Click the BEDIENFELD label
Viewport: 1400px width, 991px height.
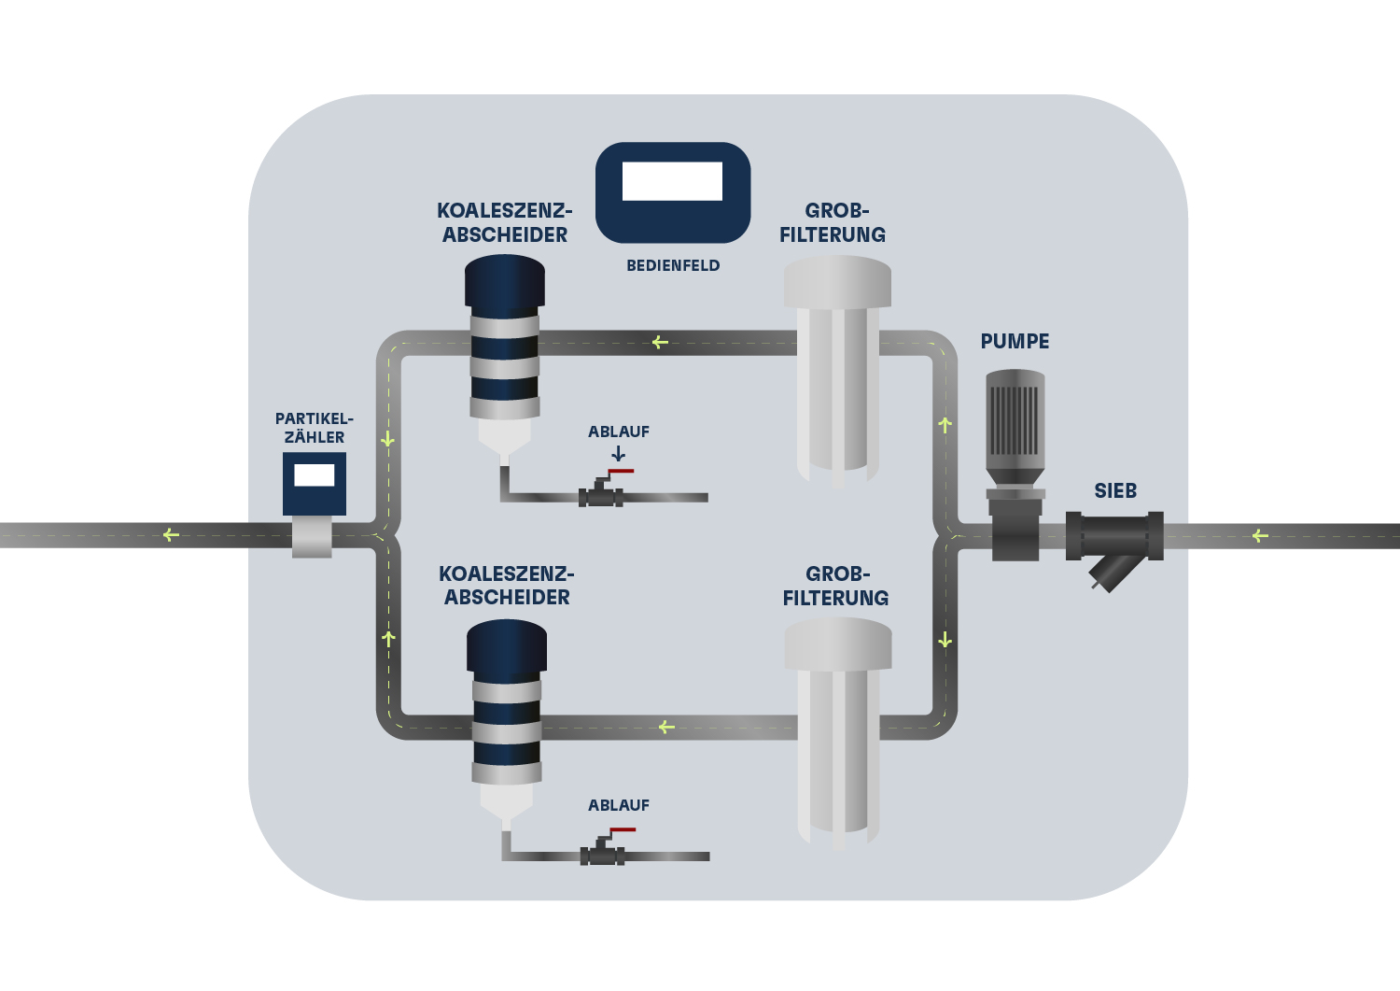click(x=673, y=265)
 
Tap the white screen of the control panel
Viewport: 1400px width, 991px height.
click(x=672, y=181)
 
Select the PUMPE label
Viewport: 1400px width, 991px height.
click(x=1015, y=342)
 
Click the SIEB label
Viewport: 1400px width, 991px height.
click(x=1115, y=491)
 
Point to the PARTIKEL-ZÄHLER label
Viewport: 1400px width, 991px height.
click(x=315, y=428)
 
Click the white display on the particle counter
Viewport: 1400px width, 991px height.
click(x=315, y=474)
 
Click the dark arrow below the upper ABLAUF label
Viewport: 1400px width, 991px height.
click(x=618, y=453)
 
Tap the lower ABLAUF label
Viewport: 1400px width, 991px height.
click(x=618, y=805)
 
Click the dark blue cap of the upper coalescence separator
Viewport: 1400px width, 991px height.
click(x=505, y=280)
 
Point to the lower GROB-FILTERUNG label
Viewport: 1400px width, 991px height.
click(x=835, y=586)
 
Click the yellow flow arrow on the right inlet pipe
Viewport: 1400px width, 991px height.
click(x=1260, y=535)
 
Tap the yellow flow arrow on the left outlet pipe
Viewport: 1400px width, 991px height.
click(x=170, y=535)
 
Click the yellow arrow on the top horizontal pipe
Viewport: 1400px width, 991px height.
click(x=660, y=343)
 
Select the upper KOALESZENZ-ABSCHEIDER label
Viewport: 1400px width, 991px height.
click(x=505, y=222)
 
